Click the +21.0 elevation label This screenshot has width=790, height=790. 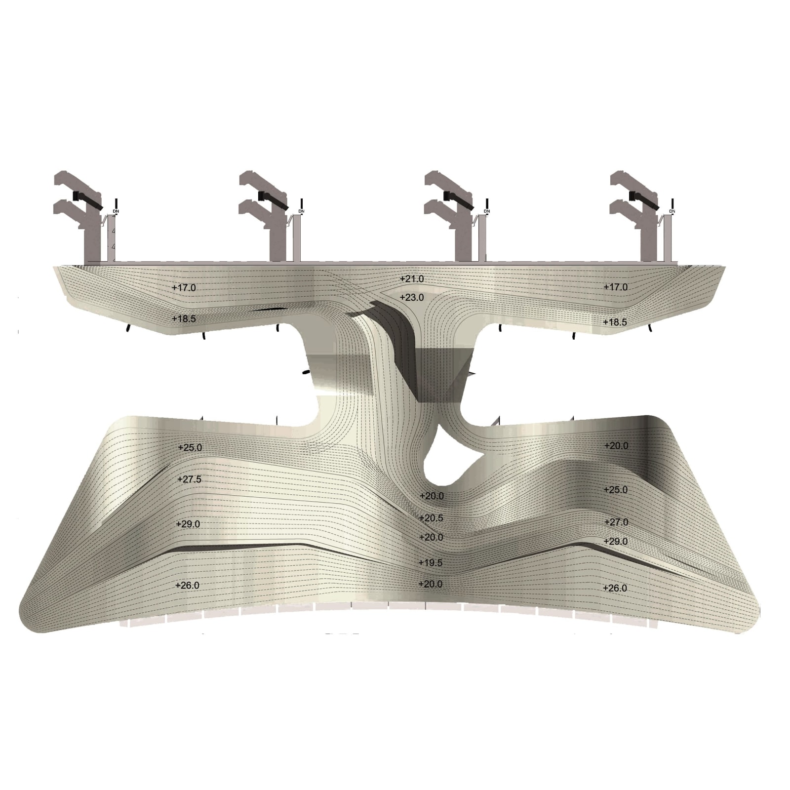(x=412, y=279)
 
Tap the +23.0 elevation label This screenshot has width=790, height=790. (x=412, y=298)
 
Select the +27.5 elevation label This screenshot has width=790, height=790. (x=190, y=479)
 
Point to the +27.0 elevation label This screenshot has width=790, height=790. (x=616, y=522)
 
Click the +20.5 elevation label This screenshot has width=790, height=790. (x=431, y=518)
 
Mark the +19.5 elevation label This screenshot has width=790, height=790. (x=431, y=563)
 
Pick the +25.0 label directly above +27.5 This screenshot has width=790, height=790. (x=190, y=448)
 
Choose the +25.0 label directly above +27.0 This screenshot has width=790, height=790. (x=616, y=490)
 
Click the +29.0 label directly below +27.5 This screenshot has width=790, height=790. (x=188, y=524)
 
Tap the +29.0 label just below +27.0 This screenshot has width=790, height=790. (x=616, y=542)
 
